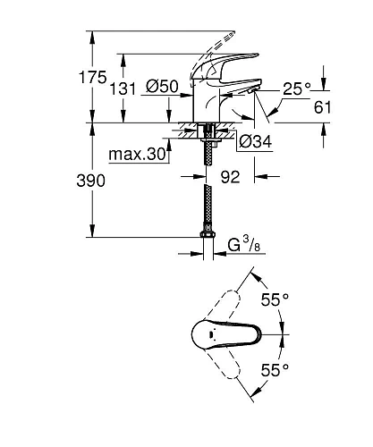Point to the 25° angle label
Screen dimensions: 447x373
295,89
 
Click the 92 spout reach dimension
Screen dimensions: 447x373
231,178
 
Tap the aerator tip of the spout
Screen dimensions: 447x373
257,89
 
